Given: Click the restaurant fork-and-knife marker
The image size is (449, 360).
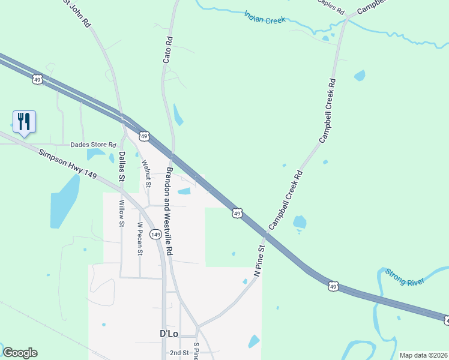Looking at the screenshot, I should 24,121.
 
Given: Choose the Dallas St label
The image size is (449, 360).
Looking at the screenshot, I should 121,166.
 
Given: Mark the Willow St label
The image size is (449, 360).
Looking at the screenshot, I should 121,214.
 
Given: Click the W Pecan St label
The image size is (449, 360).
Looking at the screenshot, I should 140,239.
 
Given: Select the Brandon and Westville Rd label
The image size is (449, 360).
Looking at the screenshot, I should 169,212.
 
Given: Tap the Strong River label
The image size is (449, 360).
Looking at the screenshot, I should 405,277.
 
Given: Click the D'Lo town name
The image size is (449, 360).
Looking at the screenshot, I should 170,333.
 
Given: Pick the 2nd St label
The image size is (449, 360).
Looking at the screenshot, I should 179,353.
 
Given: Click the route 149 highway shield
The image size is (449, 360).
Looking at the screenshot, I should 155,234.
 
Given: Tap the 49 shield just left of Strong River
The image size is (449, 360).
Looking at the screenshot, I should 334,287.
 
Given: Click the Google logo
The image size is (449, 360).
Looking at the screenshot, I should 20,353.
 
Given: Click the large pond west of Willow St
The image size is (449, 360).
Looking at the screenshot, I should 64,201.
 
